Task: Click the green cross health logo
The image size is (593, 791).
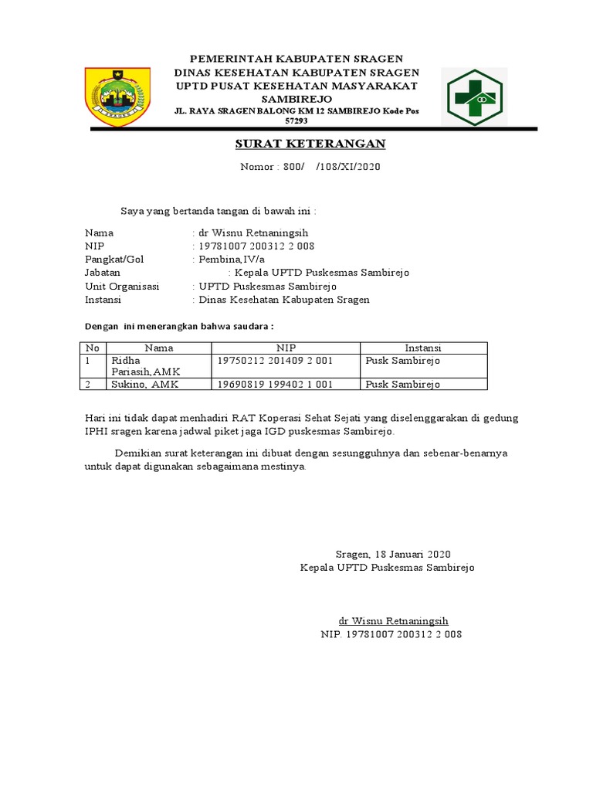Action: click(471, 97)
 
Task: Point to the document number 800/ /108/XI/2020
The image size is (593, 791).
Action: click(310, 167)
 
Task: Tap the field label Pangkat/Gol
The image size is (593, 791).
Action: click(114, 260)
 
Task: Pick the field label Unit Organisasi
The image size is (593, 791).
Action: click(122, 286)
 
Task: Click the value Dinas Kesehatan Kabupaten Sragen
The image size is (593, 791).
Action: click(284, 300)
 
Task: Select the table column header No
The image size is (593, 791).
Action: click(92, 348)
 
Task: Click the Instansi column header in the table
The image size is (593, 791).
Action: click(422, 348)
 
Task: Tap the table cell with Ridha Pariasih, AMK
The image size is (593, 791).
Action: click(146, 366)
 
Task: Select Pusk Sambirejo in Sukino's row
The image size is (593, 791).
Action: click(402, 384)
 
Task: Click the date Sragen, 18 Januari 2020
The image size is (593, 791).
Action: click(392, 555)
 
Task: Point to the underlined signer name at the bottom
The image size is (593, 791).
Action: click(394, 621)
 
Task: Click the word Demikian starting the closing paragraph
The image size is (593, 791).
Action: click(136, 453)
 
